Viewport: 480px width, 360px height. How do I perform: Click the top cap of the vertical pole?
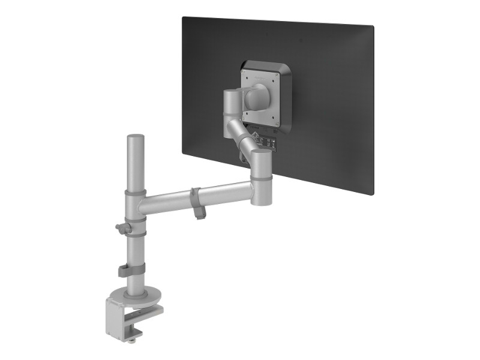(134, 137)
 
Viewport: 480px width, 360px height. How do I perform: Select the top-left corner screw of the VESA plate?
(244, 73)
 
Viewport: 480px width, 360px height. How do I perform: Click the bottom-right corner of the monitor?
(372, 193)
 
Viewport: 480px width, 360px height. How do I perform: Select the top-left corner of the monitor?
(184, 17)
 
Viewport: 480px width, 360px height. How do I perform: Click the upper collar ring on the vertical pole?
(135, 194)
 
